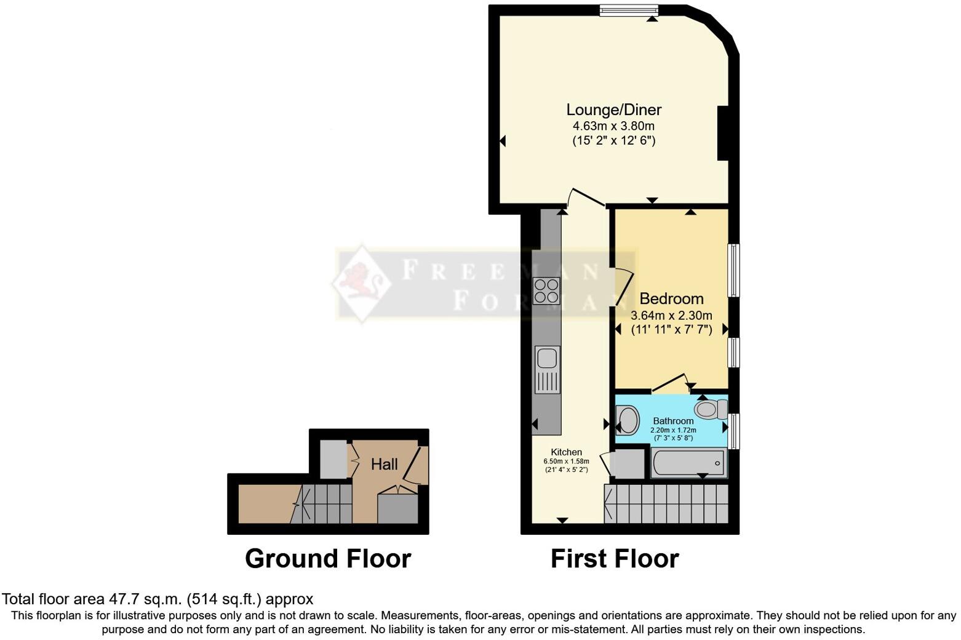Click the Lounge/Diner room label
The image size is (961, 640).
point(613,110)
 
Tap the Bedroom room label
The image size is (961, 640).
point(671,299)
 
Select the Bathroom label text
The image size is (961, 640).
point(673,421)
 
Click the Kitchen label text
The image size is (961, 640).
point(566,452)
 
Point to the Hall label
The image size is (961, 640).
point(384,464)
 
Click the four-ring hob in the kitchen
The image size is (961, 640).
point(546,291)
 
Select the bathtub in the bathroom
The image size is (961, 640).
point(688,463)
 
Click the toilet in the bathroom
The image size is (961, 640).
point(711,409)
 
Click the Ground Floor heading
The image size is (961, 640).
point(327,559)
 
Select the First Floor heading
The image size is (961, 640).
point(614,559)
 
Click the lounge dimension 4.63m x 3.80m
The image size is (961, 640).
point(613,126)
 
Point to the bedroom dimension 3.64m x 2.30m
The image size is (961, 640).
point(671,316)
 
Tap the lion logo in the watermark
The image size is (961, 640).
point(361,283)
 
